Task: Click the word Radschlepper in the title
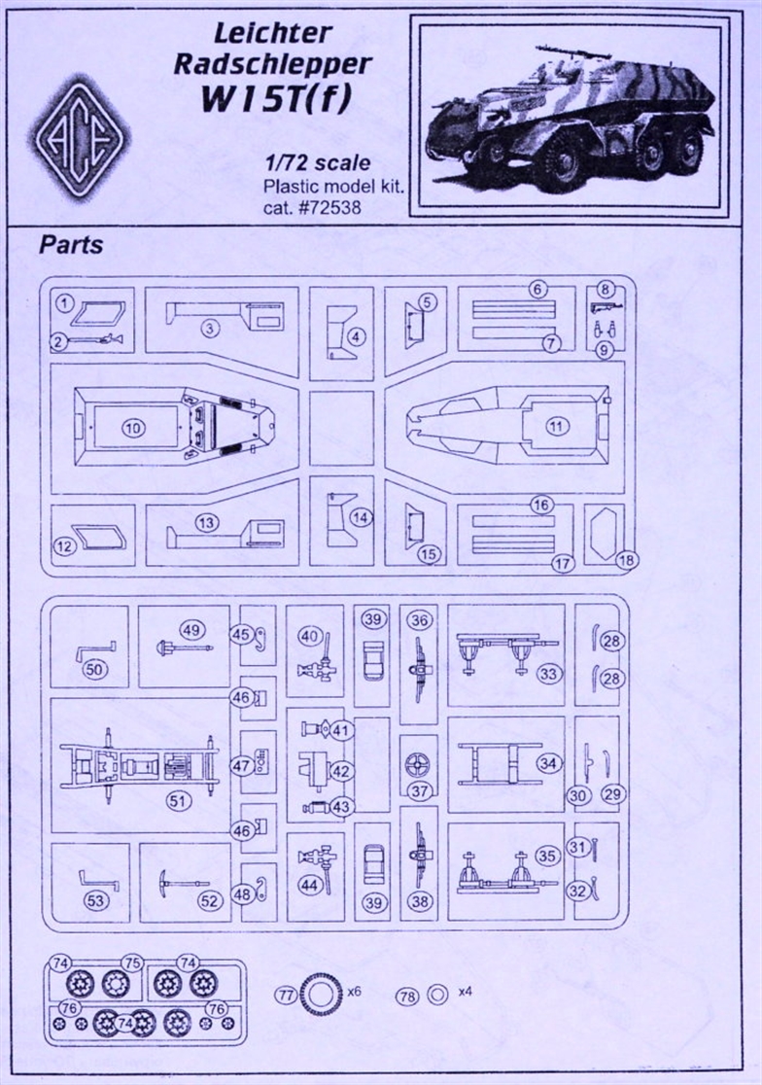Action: [272, 63]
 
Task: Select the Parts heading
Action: [71, 244]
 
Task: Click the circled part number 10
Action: [133, 428]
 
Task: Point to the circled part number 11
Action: [557, 426]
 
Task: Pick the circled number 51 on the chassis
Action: [178, 800]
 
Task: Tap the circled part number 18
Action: [627, 559]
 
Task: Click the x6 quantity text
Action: [354, 992]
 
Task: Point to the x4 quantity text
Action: [465, 992]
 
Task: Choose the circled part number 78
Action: [406, 996]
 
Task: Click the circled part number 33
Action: [549, 674]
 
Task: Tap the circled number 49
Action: [191, 630]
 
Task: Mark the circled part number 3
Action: [210, 328]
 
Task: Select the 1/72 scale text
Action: [318, 162]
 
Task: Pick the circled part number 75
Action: [132, 962]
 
